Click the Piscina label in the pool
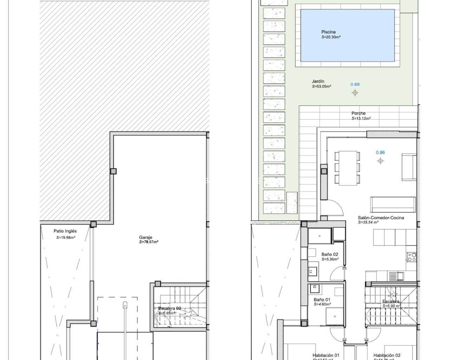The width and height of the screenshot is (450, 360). coord(328,32)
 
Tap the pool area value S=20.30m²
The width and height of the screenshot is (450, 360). coord(331,37)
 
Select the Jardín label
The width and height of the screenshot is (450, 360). coord(318,81)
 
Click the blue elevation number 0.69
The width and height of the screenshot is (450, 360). coord(355,84)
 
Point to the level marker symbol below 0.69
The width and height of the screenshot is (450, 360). coord(355,93)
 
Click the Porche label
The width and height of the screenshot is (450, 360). coord(358,114)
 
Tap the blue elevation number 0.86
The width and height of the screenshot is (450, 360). coord(380,153)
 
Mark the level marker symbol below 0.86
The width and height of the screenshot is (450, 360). coord(380,161)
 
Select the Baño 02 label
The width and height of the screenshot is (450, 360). coord(330,255)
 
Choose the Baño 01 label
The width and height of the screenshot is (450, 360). coord(322,300)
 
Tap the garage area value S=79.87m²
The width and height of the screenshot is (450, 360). coord(149,242)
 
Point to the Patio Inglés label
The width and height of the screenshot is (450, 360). coord(65,231)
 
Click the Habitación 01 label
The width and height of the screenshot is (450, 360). coord(326,355)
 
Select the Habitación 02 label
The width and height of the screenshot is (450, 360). coord(387,355)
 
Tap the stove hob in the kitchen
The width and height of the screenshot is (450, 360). coord(411,257)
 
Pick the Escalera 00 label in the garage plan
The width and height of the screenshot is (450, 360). coord(169,309)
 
